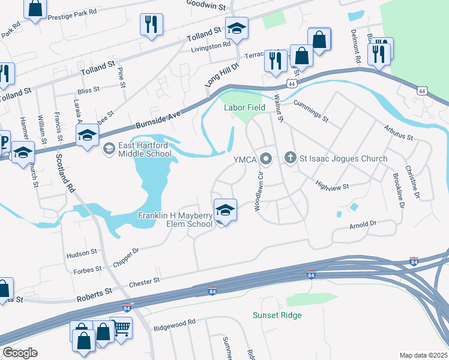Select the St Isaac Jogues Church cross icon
tap(291, 158)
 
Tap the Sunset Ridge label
tap(277, 315)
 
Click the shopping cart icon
tap(122, 328)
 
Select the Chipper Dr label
tap(126, 257)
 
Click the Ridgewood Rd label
tap(175, 322)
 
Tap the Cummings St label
tap(311, 110)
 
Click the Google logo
tap(20, 353)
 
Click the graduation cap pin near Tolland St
tap(237, 28)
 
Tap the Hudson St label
tap(82, 253)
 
